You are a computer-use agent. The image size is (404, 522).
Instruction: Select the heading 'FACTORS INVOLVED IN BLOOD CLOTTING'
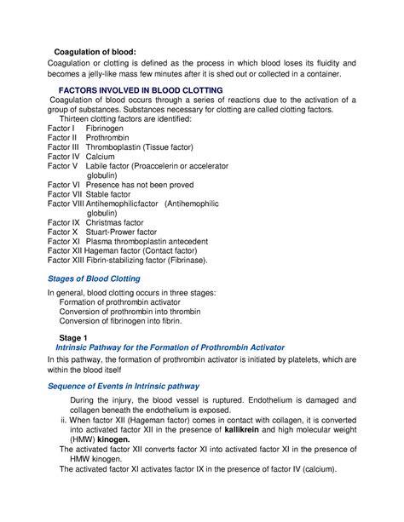[140, 89]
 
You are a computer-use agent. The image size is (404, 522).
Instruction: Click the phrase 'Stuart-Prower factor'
[128, 232]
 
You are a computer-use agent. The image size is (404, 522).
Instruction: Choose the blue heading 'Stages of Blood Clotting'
[94, 278]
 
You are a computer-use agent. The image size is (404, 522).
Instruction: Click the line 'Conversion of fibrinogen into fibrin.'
[119, 321]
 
